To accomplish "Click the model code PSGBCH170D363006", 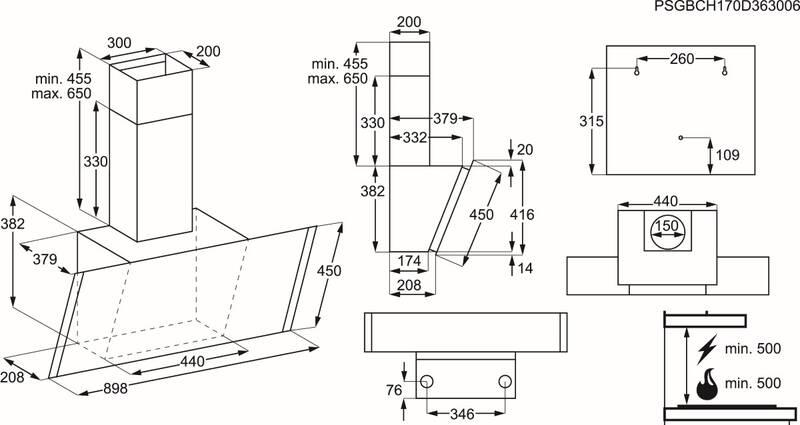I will [x=724, y=7].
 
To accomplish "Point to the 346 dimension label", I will [x=462, y=412].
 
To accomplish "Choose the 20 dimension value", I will [x=526, y=149].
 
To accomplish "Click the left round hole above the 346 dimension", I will [x=427, y=381].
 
